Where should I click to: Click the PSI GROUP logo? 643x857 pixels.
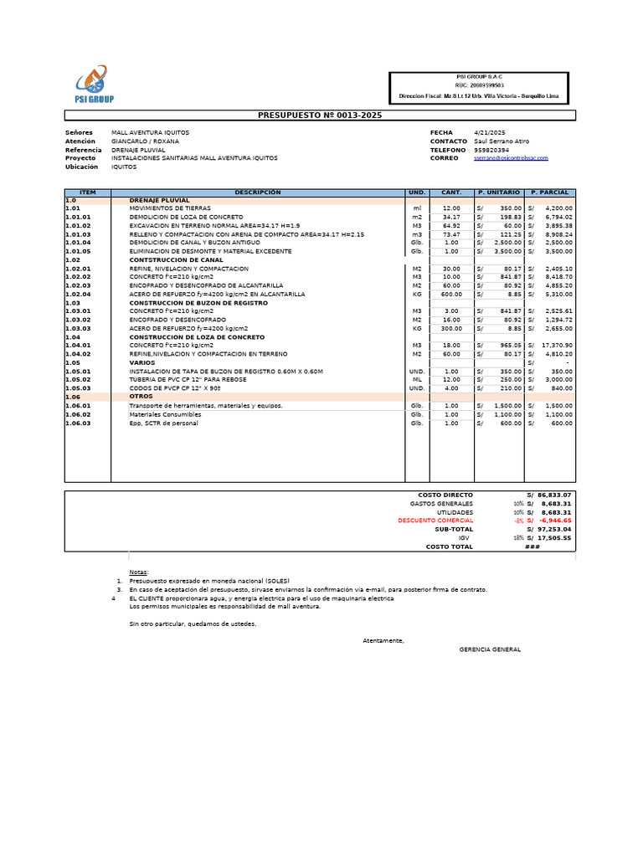coord(94,86)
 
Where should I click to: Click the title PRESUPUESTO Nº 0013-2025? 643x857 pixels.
coord(321,115)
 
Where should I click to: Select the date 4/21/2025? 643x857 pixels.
coord(490,133)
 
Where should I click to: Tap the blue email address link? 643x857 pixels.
coord(511,158)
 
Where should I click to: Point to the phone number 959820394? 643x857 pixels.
coord(491,150)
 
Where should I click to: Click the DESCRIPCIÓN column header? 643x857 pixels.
coord(258,192)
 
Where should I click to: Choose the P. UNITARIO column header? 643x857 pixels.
coord(499,192)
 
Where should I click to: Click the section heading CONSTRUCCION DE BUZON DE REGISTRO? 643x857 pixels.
coord(198,302)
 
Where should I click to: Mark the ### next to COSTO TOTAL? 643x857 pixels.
coord(532,547)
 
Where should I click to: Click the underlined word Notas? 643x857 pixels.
coord(138,572)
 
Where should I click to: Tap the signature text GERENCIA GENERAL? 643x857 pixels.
coord(490,649)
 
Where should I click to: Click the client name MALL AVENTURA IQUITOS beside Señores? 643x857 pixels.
coord(151,133)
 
